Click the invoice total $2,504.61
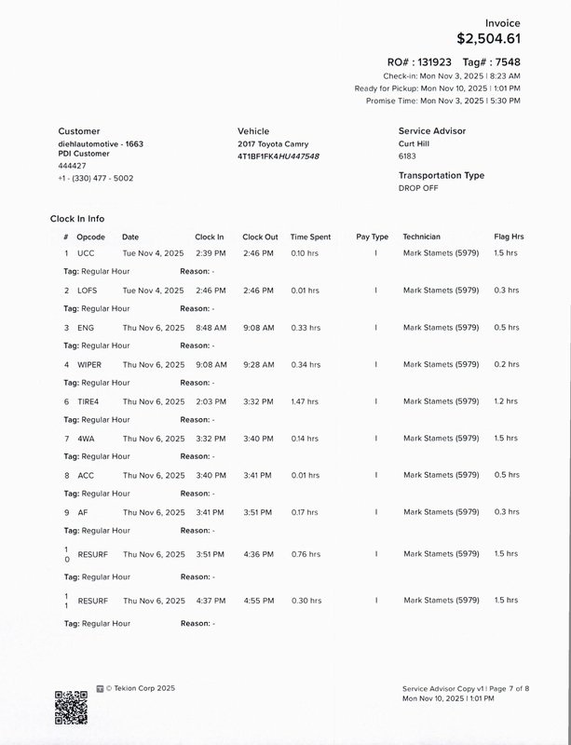[488, 39]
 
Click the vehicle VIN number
[279, 156]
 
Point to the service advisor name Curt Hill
[418, 144]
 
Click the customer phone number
[95, 178]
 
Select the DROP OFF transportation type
[418, 188]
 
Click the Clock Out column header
[260, 237]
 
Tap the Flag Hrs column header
[509, 237]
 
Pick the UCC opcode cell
[86, 253]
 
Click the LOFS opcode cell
[88, 291]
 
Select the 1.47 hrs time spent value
[305, 401]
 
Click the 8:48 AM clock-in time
[210, 328]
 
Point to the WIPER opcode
[89, 365]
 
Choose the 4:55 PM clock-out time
[258, 601]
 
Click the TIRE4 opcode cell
[88, 401]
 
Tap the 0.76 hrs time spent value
[305, 554]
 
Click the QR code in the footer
[71, 708]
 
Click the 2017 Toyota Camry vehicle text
[273, 144]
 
